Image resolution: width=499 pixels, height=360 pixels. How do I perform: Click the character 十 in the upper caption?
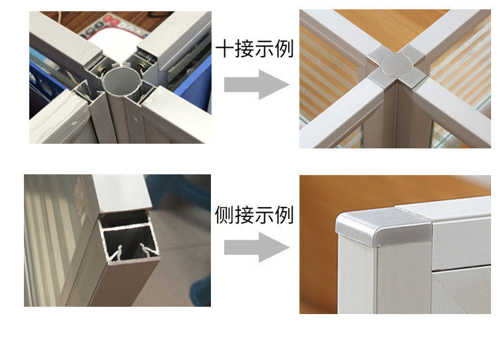(x=224, y=49)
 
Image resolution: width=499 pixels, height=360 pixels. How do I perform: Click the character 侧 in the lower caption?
(x=224, y=215)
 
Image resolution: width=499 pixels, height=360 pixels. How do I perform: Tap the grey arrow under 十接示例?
(x=257, y=85)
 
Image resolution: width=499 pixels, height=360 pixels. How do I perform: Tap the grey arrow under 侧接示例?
(x=257, y=248)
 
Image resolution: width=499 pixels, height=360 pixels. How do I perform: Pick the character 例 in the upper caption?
(x=284, y=49)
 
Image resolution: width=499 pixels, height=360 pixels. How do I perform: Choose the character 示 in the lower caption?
(x=264, y=215)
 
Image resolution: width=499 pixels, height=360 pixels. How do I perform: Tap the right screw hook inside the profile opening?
(x=146, y=250)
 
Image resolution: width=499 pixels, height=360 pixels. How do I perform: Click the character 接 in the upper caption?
(x=244, y=49)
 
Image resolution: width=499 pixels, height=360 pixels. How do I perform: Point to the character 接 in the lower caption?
(x=244, y=215)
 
